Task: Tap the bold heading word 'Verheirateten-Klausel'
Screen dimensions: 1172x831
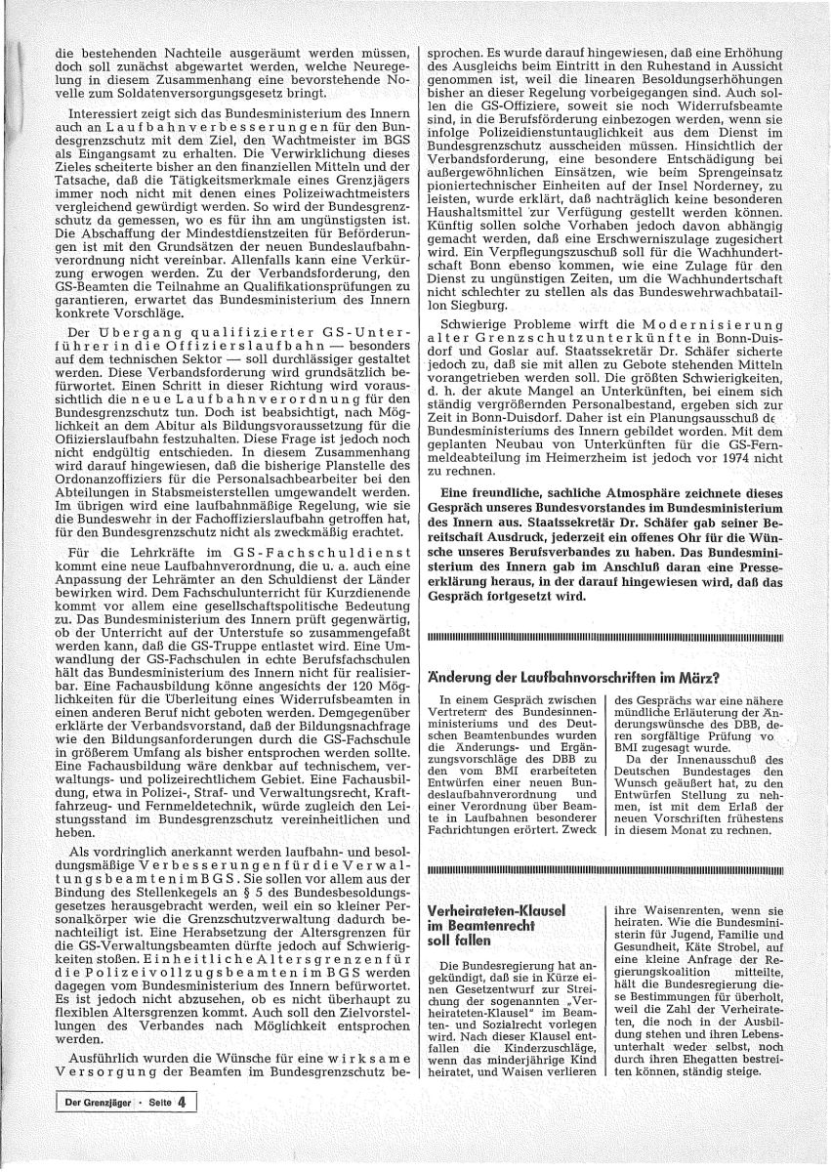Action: [x=497, y=910]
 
